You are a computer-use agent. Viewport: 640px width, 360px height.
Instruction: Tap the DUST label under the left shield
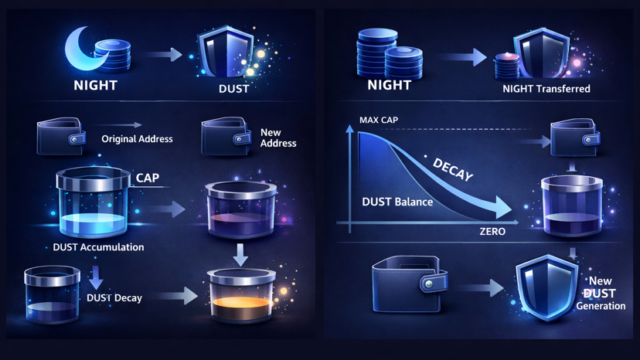tap(233, 88)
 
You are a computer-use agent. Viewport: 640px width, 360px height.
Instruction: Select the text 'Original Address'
tap(137, 139)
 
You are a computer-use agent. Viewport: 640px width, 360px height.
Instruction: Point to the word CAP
tap(148, 178)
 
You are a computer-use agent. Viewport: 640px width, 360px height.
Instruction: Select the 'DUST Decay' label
tap(114, 297)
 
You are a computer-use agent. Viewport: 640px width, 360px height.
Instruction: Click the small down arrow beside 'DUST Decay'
tap(96, 277)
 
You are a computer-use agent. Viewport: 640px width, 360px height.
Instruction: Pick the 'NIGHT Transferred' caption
tap(546, 89)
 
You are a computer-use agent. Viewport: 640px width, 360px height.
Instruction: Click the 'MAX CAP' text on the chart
tap(379, 121)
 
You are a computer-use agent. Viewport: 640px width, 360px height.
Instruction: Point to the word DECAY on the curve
tap(453, 169)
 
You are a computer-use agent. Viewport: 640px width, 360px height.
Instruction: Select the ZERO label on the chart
tap(492, 231)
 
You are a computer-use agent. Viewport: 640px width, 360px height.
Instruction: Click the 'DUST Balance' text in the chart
tap(397, 202)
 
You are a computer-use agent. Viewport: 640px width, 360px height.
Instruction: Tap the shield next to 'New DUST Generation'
tap(546, 287)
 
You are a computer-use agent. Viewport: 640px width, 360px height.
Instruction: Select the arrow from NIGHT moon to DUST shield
tap(164, 55)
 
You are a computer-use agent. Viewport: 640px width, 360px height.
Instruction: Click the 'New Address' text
tap(278, 138)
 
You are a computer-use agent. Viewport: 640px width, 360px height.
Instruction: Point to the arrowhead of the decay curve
tap(502, 209)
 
